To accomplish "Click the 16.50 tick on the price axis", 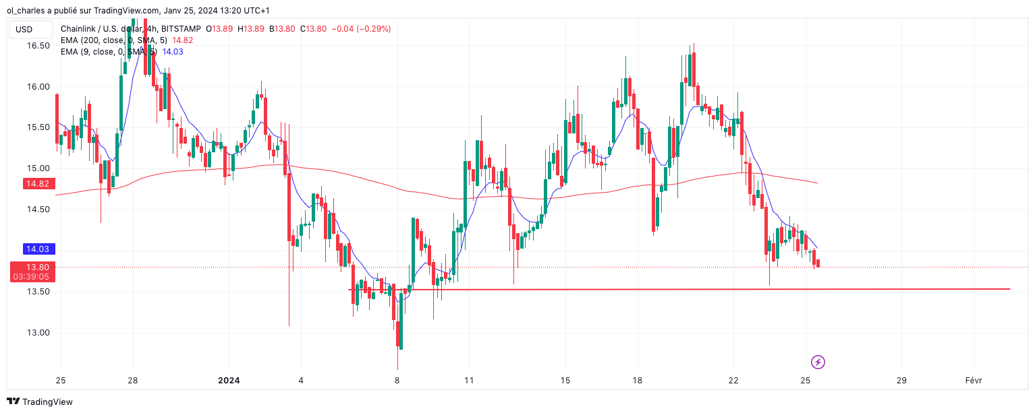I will tap(38, 46).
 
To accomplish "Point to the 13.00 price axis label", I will tap(38, 333).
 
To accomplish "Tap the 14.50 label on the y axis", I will tap(38, 210).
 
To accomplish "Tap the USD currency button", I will tap(24, 30).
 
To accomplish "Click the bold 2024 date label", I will tap(229, 381).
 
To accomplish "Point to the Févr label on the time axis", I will tap(973, 381).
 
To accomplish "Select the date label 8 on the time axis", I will tap(397, 381).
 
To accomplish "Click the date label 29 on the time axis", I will tap(901, 381).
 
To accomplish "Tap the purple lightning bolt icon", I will tap(818, 362).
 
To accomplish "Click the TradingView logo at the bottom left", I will tap(40, 402).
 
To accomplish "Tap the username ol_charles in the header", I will tap(26, 10).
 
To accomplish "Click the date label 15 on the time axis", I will tap(565, 381).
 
